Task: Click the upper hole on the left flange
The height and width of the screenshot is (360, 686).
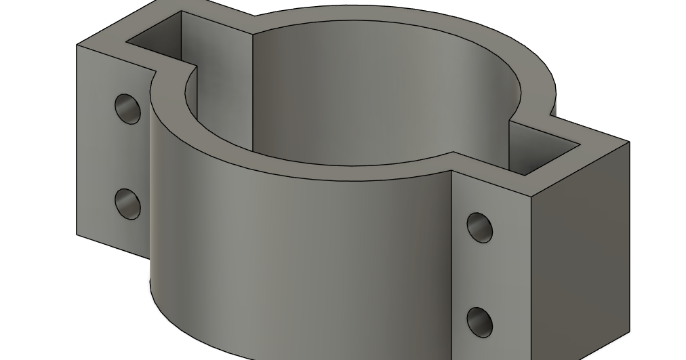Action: pyautogui.click(x=127, y=108)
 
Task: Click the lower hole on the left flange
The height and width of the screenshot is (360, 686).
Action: pyautogui.click(x=127, y=203)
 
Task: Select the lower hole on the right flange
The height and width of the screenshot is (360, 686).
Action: pyautogui.click(x=480, y=321)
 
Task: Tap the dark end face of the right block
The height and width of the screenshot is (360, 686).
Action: pyautogui.click(x=580, y=258)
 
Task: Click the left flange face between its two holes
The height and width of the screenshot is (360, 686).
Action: pyautogui.click(x=115, y=156)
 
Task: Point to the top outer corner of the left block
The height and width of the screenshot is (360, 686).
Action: pyautogui.click(x=77, y=46)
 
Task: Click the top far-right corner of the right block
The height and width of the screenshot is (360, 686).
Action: pyautogui.click(x=629, y=142)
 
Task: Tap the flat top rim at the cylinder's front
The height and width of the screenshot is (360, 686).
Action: pyautogui.click(x=319, y=173)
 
